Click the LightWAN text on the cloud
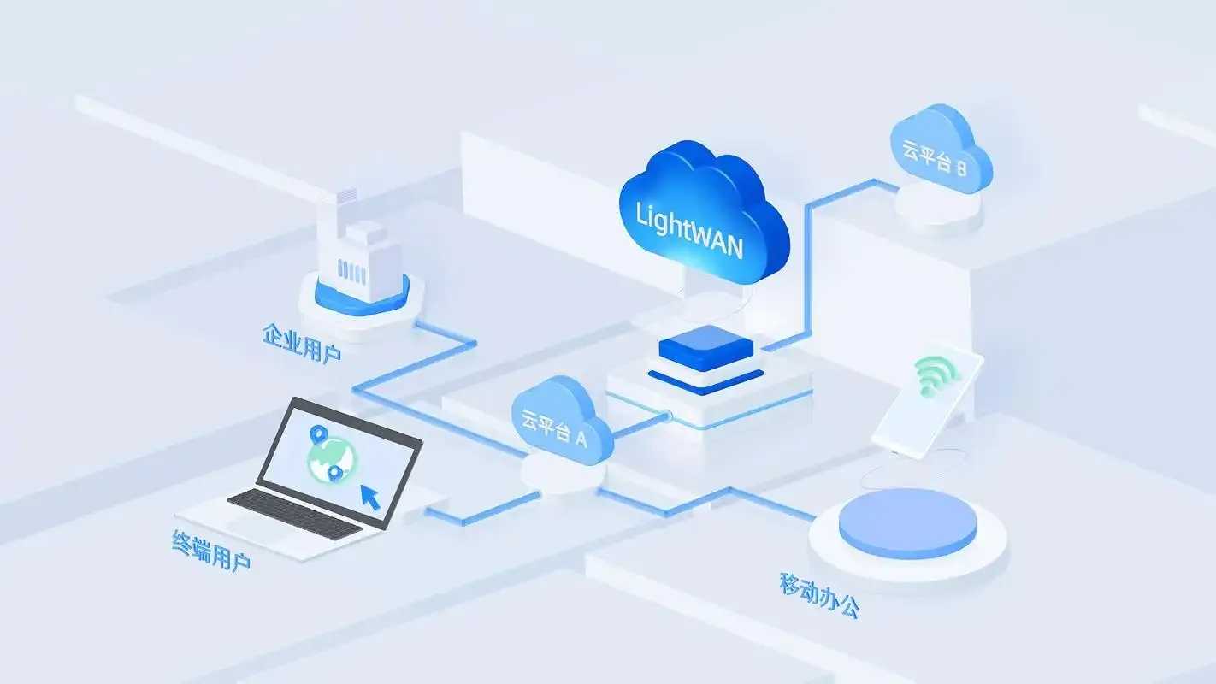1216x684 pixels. point(689,230)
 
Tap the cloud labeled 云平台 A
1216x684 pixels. point(561,421)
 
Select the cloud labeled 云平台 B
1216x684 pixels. point(941,149)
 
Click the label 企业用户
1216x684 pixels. point(302,343)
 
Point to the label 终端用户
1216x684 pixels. point(211,551)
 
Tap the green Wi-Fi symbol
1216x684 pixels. point(936,375)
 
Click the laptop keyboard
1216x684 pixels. point(295,514)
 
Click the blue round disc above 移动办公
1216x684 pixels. point(907,522)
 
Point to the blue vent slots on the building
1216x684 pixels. point(351,270)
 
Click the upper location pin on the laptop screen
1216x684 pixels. point(316,433)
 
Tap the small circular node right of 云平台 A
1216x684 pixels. point(667,416)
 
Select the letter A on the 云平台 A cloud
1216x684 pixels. point(581,438)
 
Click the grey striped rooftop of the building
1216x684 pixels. point(346,195)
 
